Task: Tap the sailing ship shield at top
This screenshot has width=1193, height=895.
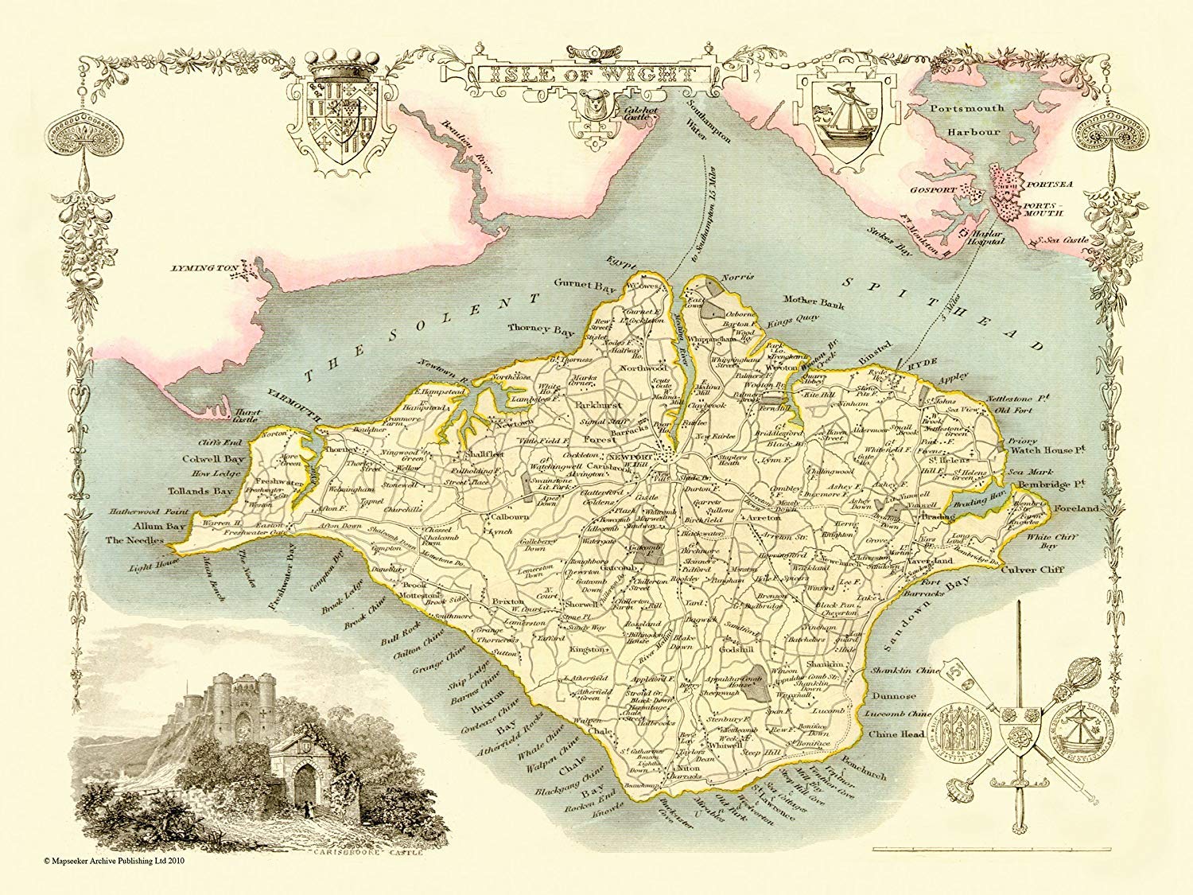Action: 842,115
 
